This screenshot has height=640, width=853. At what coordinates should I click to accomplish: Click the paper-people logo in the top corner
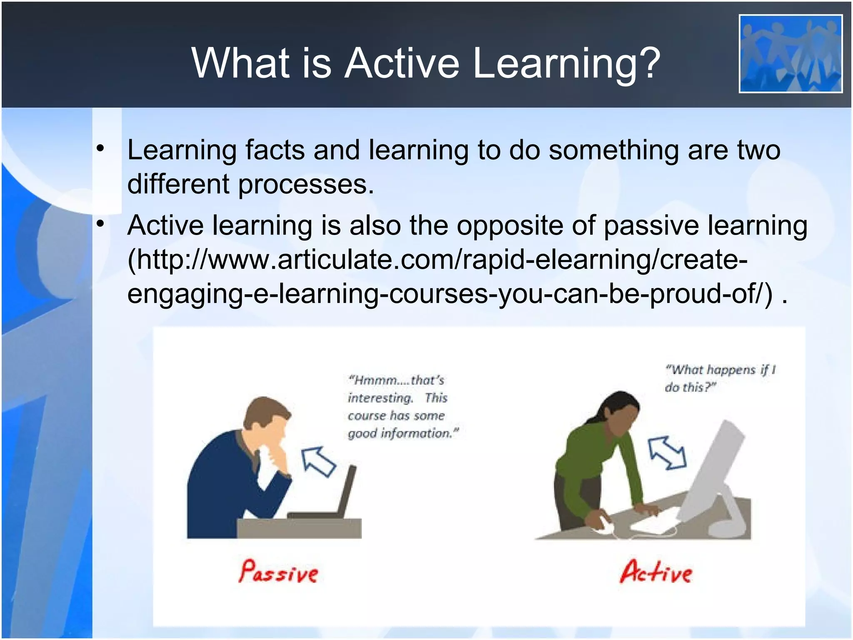click(x=790, y=54)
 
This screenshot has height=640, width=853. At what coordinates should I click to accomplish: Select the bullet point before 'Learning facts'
click(x=100, y=149)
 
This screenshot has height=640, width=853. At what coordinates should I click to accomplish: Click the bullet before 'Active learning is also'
click(x=100, y=224)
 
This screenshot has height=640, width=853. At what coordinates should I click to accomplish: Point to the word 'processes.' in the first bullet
click(x=306, y=184)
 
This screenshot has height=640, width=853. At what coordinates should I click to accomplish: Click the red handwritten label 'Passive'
click(x=278, y=572)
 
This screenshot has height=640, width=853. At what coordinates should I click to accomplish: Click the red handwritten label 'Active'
click(x=656, y=572)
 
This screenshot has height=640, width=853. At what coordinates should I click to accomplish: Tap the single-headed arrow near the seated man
click(x=318, y=461)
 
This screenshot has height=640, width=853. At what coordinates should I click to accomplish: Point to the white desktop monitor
click(x=712, y=471)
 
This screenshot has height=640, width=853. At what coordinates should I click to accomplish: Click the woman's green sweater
click(x=591, y=458)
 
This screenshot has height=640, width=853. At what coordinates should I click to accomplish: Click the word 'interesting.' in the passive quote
click(x=380, y=398)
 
